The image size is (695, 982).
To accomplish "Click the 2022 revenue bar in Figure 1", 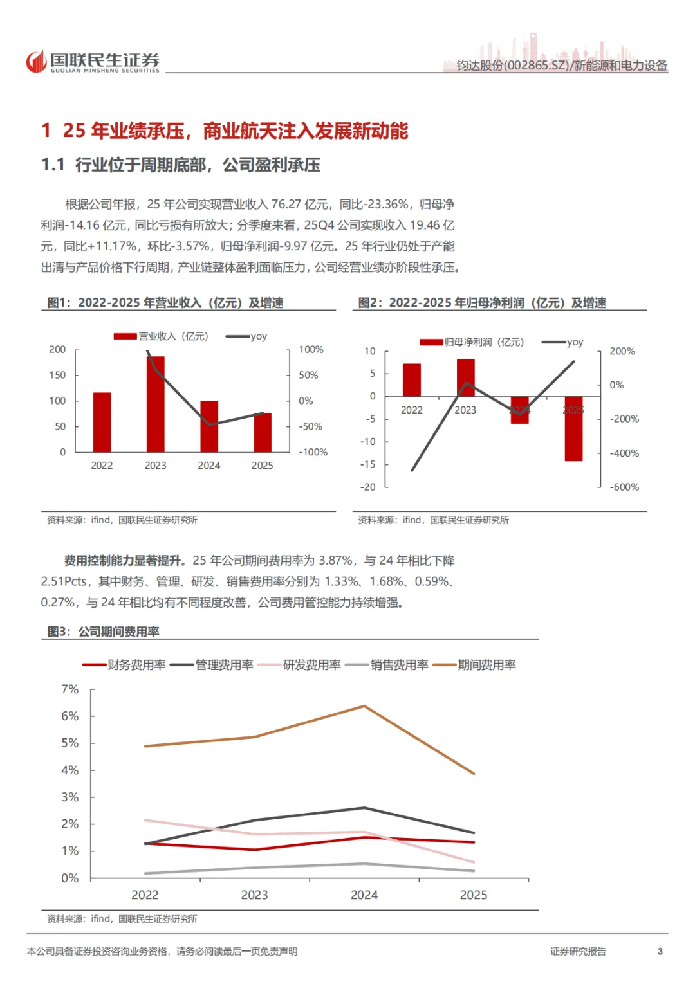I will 102,422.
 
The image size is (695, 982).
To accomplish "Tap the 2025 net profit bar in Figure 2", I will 573,429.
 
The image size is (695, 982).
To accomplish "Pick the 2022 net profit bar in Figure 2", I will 412,380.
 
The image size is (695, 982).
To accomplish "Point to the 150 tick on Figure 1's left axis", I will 57,375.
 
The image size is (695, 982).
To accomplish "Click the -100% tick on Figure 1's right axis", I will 313,452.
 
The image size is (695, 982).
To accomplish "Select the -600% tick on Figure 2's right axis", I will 624,487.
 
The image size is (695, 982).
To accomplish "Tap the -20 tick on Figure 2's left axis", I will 368,487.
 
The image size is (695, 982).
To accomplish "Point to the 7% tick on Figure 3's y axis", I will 69,689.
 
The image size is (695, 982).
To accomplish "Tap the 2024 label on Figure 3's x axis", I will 364,895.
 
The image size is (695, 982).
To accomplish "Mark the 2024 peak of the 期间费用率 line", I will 364,706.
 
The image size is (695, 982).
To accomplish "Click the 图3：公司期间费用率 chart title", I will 103,632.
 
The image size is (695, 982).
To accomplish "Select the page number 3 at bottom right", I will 660,951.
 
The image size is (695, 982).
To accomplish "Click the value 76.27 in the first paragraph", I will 286,204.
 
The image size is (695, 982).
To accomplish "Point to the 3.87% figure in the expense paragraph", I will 336,560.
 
